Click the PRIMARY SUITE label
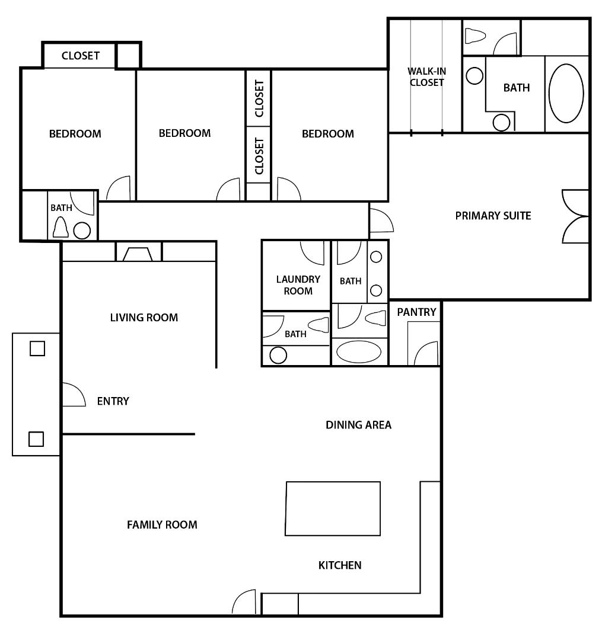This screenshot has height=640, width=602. [493, 216]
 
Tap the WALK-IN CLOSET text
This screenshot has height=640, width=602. [426, 77]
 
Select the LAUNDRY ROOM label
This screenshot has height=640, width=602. [298, 285]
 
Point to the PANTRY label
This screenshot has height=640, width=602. [416, 312]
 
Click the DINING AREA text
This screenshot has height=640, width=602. [358, 425]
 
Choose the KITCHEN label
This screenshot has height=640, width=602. [340, 565]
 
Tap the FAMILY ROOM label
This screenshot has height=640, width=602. [162, 524]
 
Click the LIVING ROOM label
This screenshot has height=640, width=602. [144, 318]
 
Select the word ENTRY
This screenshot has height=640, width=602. [113, 401]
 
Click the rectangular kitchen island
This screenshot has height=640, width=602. [333, 508]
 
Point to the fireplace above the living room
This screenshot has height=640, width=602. [138, 254]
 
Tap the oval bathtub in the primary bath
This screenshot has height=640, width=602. [566, 94]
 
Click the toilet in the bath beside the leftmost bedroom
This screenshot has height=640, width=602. [60, 227]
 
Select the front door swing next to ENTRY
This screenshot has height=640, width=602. [73, 395]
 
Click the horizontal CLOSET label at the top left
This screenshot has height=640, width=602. [80, 56]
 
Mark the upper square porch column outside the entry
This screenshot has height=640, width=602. [37, 348]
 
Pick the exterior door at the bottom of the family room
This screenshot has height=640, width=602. [244, 603]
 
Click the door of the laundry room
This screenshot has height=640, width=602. [313, 252]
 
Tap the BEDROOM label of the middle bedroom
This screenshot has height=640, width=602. [184, 133]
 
